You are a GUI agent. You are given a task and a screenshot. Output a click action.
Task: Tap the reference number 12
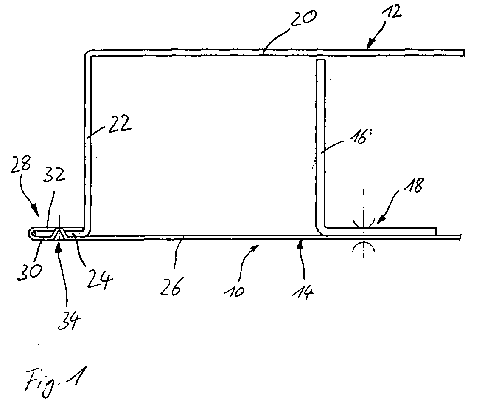pos(392,12)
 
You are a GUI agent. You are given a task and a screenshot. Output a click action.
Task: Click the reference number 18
pos(413,186)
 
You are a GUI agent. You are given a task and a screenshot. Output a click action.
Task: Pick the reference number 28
pos(21,163)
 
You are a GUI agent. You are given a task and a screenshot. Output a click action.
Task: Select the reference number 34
pos(70,321)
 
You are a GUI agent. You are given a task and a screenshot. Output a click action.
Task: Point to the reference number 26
pos(171,286)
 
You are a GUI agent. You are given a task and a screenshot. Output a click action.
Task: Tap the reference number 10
pos(234,290)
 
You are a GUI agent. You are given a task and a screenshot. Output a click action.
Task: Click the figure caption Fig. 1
pos(55,381)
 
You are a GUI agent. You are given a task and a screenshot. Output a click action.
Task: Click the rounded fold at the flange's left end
pos(31,234)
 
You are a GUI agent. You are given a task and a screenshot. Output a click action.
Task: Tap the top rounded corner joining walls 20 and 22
pos(87,53)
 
